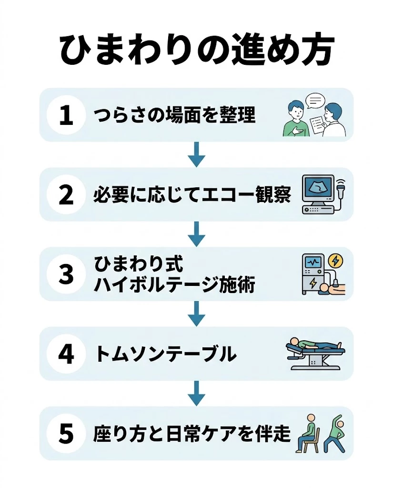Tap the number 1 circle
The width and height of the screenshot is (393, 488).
point(66,115)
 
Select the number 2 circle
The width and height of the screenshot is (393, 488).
point(66,195)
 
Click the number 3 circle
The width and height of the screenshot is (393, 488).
point(66,274)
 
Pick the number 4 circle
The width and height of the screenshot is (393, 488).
point(66,354)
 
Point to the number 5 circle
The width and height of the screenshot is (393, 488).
point(66,434)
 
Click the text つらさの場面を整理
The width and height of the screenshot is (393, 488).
point(175,115)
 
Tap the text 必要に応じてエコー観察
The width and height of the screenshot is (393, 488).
point(192,195)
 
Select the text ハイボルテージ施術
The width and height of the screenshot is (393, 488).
point(174,285)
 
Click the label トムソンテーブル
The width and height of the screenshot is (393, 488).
point(166,354)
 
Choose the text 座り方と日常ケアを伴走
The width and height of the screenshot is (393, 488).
point(192,434)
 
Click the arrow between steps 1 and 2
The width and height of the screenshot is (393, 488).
point(196,154)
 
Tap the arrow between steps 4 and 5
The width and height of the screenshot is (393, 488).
point(196,394)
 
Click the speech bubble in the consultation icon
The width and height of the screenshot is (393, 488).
point(315,101)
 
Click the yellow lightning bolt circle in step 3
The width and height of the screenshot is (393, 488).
point(336,261)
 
